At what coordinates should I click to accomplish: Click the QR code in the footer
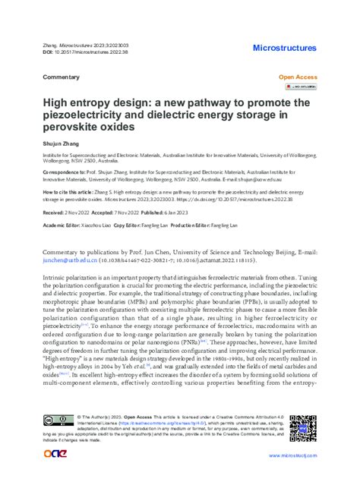pyautogui.click(x=302, y=428)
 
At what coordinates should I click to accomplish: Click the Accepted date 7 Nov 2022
pyautogui.click(x=118, y=215)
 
